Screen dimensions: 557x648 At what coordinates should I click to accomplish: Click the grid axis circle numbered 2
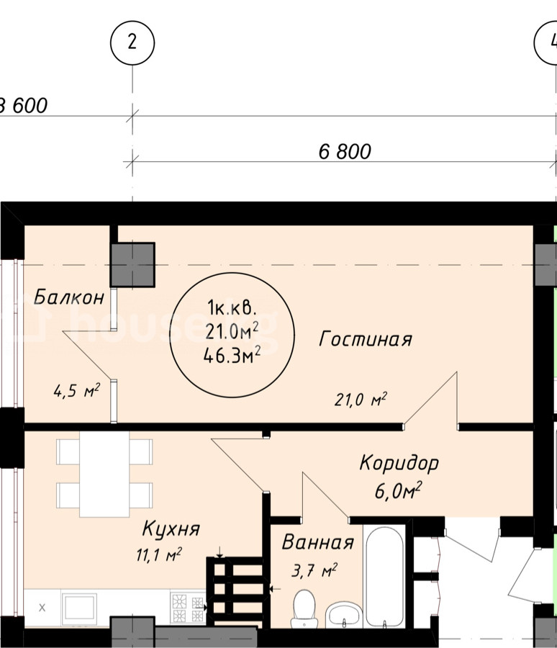(x=132, y=43)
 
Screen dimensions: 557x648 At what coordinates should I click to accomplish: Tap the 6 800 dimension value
(x=345, y=152)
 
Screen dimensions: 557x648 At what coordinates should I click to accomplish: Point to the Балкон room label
(x=68, y=297)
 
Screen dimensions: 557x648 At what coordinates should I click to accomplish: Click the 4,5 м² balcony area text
(x=77, y=390)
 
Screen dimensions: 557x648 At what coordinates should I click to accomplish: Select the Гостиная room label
(x=366, y=339)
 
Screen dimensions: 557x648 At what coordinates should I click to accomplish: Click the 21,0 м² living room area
(x=361, y=399)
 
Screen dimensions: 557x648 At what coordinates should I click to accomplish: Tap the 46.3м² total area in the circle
(x=232, y=356)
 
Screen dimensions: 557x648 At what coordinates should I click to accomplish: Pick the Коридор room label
(x=399, y=463)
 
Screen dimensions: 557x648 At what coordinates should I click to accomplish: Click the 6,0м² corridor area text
(x=398, y=490)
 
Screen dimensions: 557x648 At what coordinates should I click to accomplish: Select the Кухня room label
(x=171, y=528)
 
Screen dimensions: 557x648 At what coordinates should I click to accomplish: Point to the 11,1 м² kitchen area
(x=159, y=555)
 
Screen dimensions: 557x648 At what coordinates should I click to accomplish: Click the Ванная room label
(x=318, y=542)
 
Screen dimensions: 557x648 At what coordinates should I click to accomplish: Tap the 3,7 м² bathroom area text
(x=314, y=570)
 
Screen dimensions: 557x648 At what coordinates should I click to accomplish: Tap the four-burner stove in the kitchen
(x=188, y=608)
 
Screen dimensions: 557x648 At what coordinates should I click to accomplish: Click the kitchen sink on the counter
(x=79, y=608)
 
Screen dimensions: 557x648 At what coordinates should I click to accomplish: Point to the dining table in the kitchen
(x=104, y=474)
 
